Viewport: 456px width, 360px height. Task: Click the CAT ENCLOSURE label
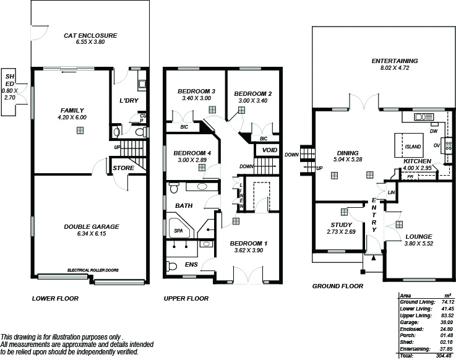90,36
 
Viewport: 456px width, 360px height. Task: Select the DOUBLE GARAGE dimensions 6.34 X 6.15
91,234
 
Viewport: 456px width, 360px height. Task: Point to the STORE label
124,168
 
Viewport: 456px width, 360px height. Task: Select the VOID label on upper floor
269,150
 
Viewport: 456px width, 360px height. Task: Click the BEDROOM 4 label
192,153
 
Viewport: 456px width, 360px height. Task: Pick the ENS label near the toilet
192,264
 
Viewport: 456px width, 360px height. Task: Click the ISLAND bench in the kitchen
413,147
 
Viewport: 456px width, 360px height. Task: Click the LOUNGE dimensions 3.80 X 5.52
419,244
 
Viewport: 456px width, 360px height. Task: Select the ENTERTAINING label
395,61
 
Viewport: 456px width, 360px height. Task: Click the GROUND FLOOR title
337,286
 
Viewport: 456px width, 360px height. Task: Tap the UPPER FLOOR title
186,298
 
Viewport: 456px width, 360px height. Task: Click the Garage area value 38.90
441,323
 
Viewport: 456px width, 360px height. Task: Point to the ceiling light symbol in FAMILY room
80,130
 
